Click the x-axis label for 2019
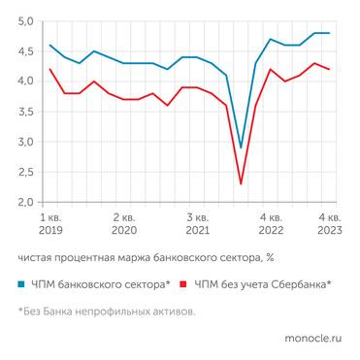pyautogui.click(x=50, y=232)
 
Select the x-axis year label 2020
pyautogui.click(x=123, y=232)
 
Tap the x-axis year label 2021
pyautogui.click(x=197, y=232)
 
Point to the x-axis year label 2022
pyautogui.click(x=271, y=232)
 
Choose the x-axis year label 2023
pyautogui.click(x=330, y=232)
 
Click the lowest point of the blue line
pyautogui.click(x=241, y=147)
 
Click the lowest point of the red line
pyautogui.click(x=241, y=183)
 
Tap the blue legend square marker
pyautogui.click(x=22, y=284)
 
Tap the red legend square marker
pyautogui.click(x=184, y=284)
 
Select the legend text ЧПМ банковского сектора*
pyautogui.click(x=102, y=284)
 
